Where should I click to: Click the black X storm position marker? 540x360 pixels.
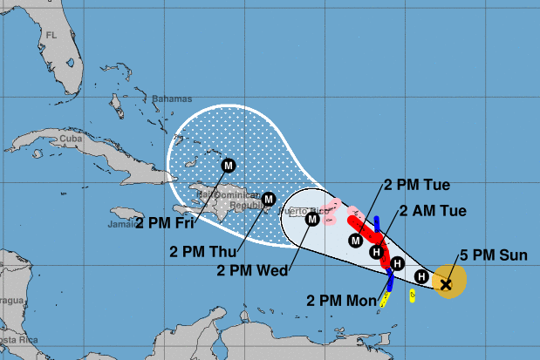tap(446, 283)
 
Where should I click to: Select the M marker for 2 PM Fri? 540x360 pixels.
tap(229, 165)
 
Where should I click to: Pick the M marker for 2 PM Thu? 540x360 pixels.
tap(269, 199)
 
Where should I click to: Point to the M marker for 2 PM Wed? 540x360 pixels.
tap(311, 220)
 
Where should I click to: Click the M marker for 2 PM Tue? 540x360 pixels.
tap(355, 240)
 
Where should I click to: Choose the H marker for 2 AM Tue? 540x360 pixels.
tap(376, 253)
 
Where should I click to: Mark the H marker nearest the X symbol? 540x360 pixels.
tap(421, 277)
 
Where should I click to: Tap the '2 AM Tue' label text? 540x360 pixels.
tap(434, 210)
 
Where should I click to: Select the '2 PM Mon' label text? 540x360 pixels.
tap(341, 300)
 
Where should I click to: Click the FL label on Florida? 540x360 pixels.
tap(51, 36)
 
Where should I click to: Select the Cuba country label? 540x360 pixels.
tap(69, 139)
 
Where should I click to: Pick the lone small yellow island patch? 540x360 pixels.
tap(412, 295)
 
